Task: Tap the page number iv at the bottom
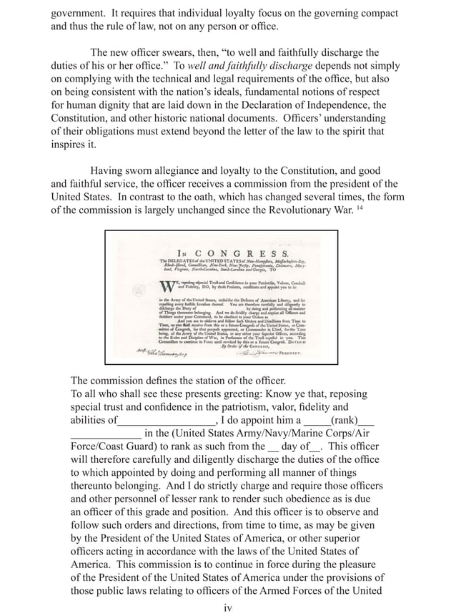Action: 228,607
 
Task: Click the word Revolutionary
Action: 283,211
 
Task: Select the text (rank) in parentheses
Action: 342,421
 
